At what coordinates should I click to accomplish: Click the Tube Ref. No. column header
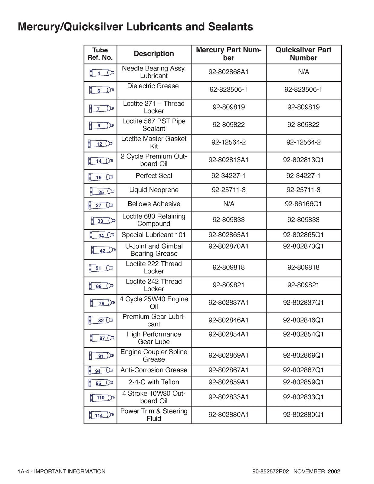pos(100,54)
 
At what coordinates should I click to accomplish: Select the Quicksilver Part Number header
pos(303,54)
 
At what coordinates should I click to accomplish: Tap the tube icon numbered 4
pos(102,73)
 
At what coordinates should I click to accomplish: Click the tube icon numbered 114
pos(101,415)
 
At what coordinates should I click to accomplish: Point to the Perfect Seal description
pos(154,176)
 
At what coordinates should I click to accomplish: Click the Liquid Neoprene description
pos(154,190)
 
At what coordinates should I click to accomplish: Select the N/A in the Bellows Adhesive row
pos(229,204)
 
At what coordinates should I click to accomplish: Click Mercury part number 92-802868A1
pos(228,72)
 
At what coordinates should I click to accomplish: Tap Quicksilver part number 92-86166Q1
pos(303,204)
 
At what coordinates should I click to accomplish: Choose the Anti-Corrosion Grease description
pos(154,370)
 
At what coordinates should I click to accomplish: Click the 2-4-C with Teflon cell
pos(154,382)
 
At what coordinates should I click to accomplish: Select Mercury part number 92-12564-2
pos(228,142)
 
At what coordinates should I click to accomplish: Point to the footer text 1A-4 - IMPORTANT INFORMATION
pos(61,471)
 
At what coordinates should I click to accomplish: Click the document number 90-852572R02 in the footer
pos(271,471)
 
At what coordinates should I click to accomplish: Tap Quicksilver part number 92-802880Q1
pos(303,414)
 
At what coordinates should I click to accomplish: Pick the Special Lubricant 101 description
pos(154,235)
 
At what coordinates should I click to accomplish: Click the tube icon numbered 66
pos(101,286)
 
